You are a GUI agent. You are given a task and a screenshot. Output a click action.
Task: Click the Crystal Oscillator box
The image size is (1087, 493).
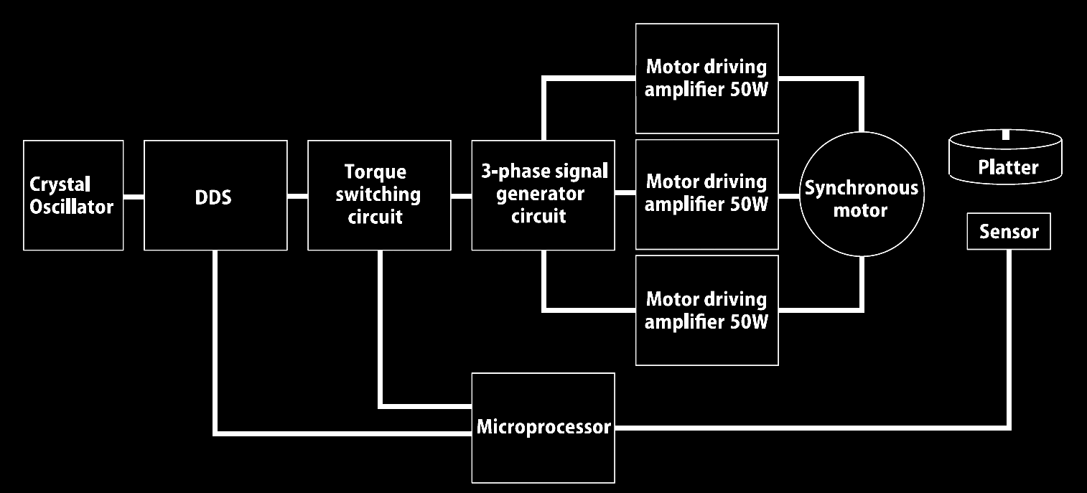[73, 196]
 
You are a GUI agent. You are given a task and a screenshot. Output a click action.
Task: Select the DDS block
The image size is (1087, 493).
[215, 196]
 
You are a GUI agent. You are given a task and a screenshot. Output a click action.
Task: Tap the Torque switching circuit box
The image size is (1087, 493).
[380, 196]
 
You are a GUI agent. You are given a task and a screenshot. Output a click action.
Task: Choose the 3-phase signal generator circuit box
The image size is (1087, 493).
[543, 196]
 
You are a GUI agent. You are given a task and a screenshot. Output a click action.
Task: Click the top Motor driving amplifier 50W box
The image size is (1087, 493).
[707, 78]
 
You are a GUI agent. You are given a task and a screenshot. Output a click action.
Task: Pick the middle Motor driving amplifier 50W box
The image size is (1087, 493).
[707, 194]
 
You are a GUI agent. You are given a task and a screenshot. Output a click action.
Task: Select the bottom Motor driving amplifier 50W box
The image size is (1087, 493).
[707, 311]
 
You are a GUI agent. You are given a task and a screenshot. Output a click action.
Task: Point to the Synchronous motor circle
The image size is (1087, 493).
[862, 194]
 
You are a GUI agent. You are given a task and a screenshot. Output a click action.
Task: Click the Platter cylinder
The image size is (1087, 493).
[1005, 156]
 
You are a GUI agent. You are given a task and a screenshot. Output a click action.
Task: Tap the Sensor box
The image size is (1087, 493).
[1009, 232]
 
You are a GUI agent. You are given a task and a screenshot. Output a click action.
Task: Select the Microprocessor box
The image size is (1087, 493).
[543, 428]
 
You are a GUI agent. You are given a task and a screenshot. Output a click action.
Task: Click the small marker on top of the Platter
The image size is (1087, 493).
[1006, 134]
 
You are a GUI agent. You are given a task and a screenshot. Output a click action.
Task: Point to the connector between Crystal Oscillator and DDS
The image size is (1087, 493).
[134, 197]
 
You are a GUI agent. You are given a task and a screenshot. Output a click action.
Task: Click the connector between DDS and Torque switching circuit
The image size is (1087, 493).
[297, 196]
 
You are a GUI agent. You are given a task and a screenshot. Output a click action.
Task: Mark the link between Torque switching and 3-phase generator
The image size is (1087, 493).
[461, 196]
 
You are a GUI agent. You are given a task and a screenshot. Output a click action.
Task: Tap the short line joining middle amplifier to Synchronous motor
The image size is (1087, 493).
[789, 196]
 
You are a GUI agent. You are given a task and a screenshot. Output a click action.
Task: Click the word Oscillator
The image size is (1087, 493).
[71, 207]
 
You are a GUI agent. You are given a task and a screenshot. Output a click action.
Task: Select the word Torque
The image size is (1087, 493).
[375, 172]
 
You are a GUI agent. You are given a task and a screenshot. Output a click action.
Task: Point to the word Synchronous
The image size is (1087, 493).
[862, 188]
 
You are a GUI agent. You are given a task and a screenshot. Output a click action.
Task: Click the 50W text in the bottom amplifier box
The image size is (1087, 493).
[750, 321]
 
